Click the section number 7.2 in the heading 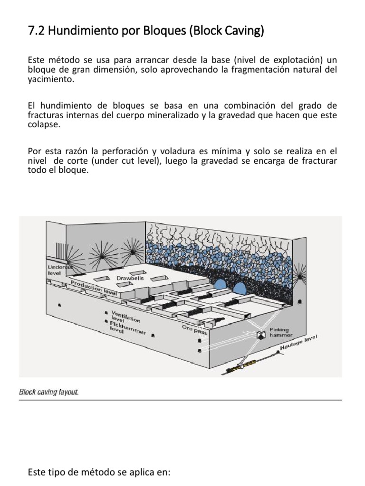tap(37, 32)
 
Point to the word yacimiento tap(51, 80)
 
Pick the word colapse tap(43, 124)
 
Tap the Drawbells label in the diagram tap(130, 278)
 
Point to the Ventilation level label tap(125, 317)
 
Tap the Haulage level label tap(298, 343)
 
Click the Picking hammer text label tap(279, 332)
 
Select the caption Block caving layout tap(49, 393)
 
